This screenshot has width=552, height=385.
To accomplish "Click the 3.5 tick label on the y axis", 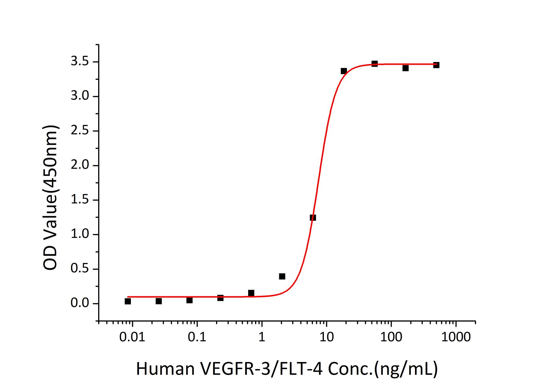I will pos(80,62).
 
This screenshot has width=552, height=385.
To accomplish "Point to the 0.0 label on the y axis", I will pos(80,304).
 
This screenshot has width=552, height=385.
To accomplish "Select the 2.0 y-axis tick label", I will pos(80,165).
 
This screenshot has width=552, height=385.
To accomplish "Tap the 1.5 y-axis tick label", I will pos(80,200).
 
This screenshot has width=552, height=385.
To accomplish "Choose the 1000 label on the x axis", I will pos(456,337).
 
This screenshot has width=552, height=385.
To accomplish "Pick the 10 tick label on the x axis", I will pos(326,337).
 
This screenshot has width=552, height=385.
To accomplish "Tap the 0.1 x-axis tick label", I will pos(197,337).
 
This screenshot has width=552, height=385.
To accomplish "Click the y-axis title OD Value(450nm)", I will pos(51,198).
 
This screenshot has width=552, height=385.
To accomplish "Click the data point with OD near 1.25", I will pos(313,218).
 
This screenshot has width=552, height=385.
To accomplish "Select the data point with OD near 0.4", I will pos(282,276).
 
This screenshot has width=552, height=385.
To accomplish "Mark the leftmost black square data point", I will pos(128,301).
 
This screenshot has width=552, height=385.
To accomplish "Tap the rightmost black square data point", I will pos(436,65).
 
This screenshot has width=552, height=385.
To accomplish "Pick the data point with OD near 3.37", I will pos(344,71).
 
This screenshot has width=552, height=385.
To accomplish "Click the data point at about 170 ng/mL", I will pos(406,68).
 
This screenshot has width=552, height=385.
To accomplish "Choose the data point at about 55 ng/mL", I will pos(374,63).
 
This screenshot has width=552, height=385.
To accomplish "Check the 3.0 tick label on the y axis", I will pos(80,96).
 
